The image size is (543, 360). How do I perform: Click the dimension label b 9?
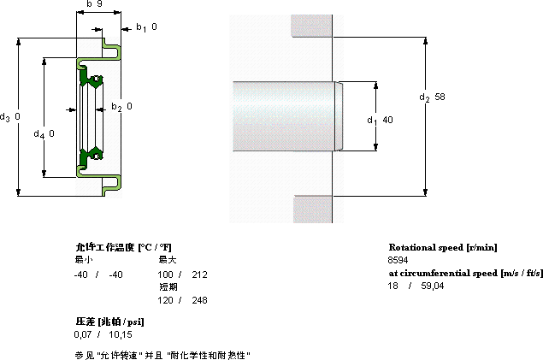[x=95, y=5]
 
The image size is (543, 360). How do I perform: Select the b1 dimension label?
[x=145, y=27]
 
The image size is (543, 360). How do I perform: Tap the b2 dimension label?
[x=121, y=107]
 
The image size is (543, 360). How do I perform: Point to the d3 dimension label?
[x=10, y=116]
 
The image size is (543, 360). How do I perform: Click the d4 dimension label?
[x=44, y=133]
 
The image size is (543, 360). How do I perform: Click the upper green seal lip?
[x=90, y=79]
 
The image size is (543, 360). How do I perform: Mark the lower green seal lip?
[x=90, y=154]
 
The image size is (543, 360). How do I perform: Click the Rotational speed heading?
[x=443, y=247]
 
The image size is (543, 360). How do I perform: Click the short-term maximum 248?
[x=200, y=300]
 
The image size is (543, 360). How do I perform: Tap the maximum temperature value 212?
[x=200, y=274]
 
